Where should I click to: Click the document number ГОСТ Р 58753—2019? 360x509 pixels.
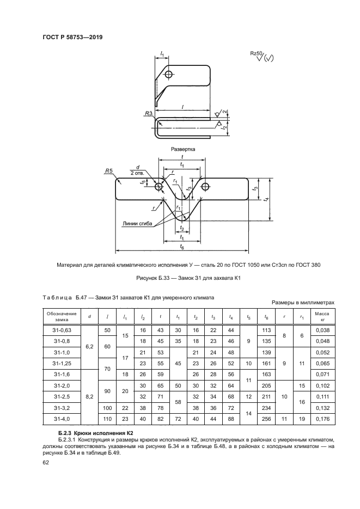[72, 37]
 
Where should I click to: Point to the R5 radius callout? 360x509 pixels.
[109, 171]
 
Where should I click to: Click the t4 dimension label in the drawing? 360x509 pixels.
[265, 200]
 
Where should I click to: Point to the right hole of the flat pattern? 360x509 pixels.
[205, 187]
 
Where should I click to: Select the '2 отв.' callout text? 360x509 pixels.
[137, 173]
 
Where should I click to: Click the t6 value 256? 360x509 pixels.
[266, 419]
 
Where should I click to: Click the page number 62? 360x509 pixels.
[46, 463]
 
